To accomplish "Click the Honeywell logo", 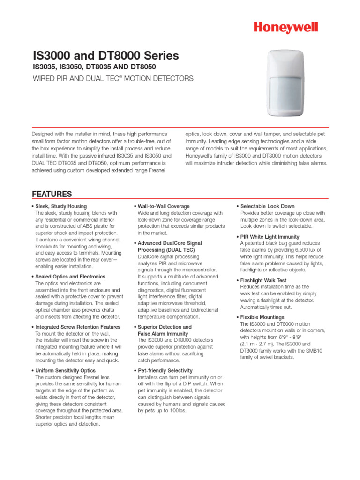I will click(286, 28).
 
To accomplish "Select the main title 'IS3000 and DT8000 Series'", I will click(105, 56).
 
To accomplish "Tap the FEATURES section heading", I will click(52, 194).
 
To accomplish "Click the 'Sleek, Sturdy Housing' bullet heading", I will click(61, 206).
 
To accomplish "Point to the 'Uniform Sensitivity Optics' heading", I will click(65, 370).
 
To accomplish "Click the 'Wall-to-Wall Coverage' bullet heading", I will click(164, 206).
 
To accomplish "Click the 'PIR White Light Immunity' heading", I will click(270, 237).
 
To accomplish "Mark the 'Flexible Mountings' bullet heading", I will click(262, 317).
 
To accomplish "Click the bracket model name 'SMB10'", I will click(311, 350).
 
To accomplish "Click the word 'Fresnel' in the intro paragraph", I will click(157, 170).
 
